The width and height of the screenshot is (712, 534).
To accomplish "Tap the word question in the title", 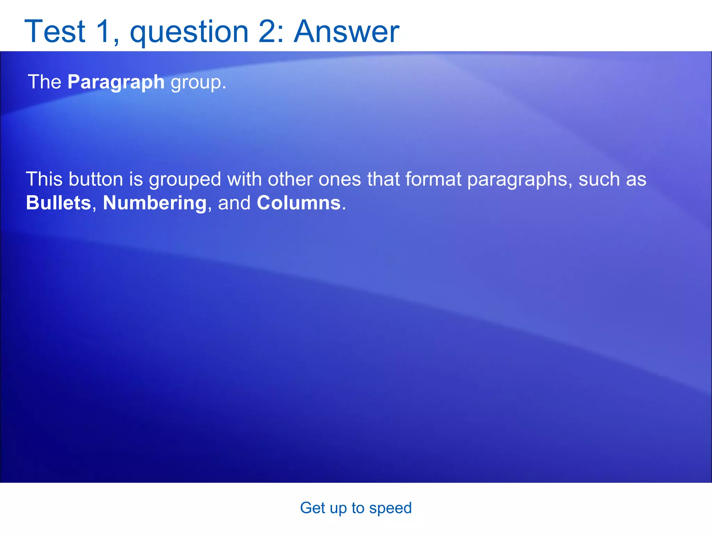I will [x=189, y=32].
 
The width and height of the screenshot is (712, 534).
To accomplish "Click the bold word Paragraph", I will [x=116, y=82].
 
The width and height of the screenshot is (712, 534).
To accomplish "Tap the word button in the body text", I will [x=96, y=179].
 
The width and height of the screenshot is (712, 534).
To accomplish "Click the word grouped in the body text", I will [x=185, y=180].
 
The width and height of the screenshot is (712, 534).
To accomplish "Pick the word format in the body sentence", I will [x=433, y=179].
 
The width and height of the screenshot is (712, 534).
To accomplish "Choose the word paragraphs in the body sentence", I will [x=517, y=180].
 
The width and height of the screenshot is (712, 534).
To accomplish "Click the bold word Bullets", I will [x=58, y=203].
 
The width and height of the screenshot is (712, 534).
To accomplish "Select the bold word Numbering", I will [x=155, y=203].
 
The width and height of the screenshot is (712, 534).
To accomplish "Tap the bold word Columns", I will [x=298, y=203].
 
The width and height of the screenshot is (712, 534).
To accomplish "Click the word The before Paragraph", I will [x=44, y=82].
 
